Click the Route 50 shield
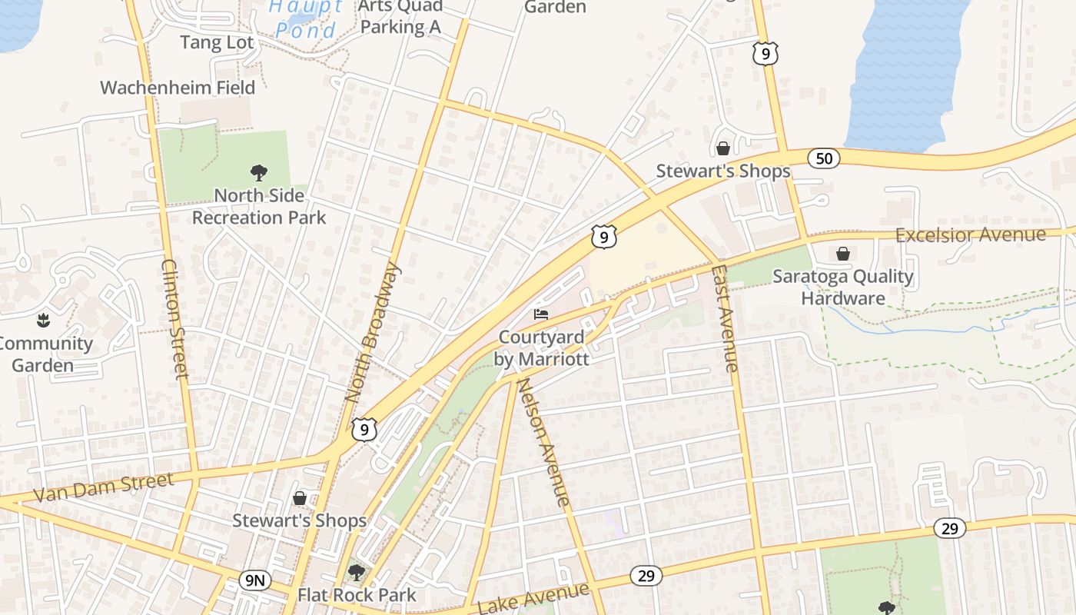click(x=824, y=158)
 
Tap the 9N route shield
click(x=254, y=580)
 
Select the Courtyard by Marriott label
click(x=543, y=348)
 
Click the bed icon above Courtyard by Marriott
click(x=541, y=314)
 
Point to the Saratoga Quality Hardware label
click(x=843, y=287)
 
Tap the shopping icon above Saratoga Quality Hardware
click(x=843, y=253)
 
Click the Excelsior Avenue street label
click(x=970, y=234)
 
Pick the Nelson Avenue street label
click(x=544, y=442)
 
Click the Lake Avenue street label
click(x=533, y=598)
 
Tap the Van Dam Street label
click(x=104, y=488)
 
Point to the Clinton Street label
click(x=175, y=318)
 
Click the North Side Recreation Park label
click(x=259, y=207)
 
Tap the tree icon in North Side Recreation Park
click(x=259, y=173)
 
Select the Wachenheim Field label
click(x=178, y=88)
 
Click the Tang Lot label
click(x=217, y=42)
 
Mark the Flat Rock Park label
click(x=357, y=595)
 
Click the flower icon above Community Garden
click(x=42, y=319)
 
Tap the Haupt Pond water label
click(x=306, y=18)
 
